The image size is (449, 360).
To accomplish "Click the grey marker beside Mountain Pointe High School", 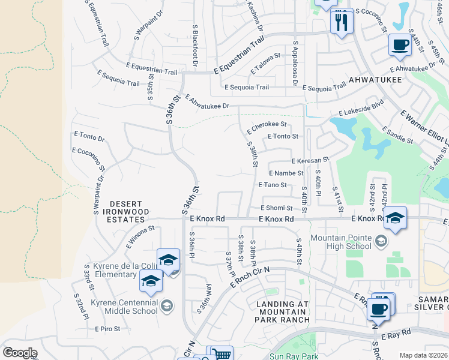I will (x=380, y=241).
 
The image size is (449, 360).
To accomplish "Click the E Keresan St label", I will (x=310, y=160).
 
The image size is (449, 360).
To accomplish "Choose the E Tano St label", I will (x=276, y=185).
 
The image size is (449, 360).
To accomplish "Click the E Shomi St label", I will (x=276, y=208).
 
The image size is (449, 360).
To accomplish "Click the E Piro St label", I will (x=107, y=329).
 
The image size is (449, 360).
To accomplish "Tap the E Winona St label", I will (x=140, y=237).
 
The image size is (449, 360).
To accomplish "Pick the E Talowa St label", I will (x=265, y=64).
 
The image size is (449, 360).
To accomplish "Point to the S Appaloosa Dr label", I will (x=295, y=63).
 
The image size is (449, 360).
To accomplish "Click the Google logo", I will (x=20, y=352).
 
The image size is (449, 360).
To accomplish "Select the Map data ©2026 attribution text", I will (x=423, y=355).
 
